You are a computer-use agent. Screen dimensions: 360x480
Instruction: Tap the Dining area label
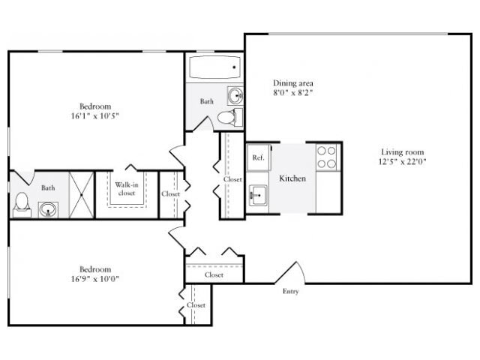(292, 82)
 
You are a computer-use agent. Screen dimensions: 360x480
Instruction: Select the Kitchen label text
(292, 178)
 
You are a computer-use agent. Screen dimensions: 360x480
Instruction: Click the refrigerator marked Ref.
(258, 157)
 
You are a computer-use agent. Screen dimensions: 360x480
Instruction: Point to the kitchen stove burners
(326, 157)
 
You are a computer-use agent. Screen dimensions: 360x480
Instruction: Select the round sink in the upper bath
(234, 96)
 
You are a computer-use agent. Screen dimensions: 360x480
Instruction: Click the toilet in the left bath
(22, 203)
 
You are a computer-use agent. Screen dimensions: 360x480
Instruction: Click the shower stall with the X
(82, 194)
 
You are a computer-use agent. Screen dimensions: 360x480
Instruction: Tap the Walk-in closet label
(125, 188)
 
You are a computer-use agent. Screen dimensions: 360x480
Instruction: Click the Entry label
(291, 291)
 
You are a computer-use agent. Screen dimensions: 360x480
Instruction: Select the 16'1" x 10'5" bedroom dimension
(96, 116)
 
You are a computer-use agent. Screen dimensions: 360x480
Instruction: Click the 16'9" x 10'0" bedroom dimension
(96, 279)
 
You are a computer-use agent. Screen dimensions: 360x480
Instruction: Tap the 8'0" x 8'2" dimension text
(292, 93)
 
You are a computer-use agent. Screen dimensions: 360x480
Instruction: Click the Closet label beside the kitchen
(232, 179)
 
